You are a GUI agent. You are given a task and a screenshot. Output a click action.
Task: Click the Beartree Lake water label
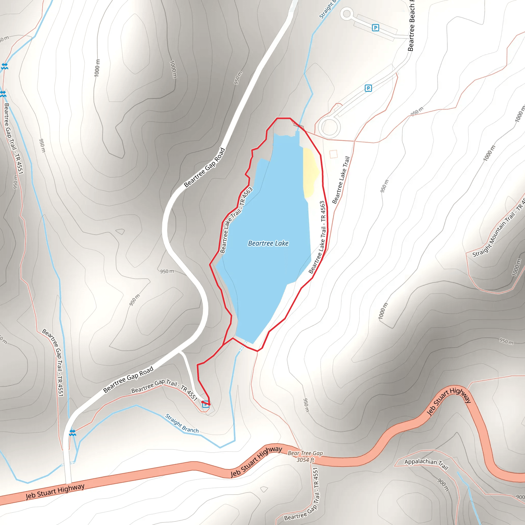click(x=268, y=243)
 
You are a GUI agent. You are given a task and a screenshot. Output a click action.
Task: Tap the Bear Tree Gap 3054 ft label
click(x=305, y=456)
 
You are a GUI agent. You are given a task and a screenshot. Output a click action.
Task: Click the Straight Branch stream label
click(x=182, y=423)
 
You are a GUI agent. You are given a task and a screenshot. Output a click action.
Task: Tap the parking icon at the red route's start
click(x=206, y=405)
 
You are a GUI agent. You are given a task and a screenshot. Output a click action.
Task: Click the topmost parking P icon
click(x=375, y=28)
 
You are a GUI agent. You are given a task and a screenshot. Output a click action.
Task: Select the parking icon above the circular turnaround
click(x=368, y=88)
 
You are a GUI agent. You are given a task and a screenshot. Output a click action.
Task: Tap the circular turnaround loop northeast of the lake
click(x=329, y=127)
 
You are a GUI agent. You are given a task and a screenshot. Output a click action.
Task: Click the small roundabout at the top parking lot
click(x=347, y=14)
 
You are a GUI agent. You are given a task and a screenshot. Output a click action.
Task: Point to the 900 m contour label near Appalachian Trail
click(x=443, y=485)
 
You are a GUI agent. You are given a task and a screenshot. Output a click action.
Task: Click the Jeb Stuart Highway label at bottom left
click(x=55, y=492)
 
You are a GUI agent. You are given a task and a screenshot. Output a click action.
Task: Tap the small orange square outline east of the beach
click(x=334, y=154)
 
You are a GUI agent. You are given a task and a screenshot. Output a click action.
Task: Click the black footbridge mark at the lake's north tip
click(x=299, y=126)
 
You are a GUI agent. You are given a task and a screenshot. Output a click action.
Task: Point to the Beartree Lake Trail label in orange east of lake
click(x=341, y=180)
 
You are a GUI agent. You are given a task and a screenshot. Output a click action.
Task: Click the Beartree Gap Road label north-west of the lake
click(x=205, y=167)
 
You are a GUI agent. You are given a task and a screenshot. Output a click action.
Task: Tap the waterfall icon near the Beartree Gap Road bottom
click(x=72, y=433)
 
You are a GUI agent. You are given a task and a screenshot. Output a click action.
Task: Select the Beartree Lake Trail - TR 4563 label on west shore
click(x=236, y=220)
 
